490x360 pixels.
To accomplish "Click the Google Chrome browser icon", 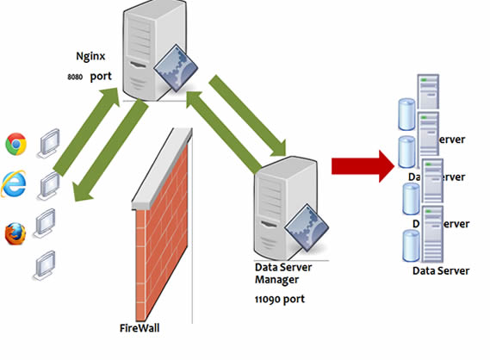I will (16, 144).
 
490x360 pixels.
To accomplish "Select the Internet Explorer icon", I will (14, 183).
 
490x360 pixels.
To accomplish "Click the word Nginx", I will (91, 57).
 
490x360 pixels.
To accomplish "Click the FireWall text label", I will (140, 328).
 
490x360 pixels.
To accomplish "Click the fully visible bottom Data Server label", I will (440, 270).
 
